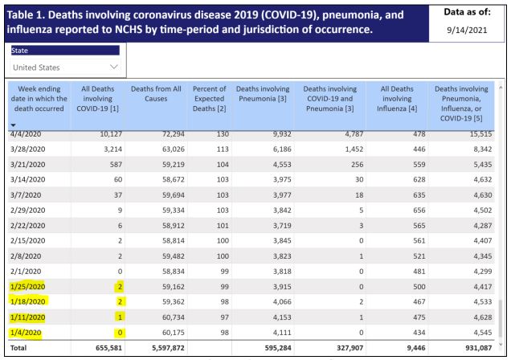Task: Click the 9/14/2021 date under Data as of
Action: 467,31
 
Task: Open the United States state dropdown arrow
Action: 114,67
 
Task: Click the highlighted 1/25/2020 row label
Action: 27,287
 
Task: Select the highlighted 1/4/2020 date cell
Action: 26,333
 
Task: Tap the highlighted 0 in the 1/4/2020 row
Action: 120,333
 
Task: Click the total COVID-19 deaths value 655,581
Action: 108,348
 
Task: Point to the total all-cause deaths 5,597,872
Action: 168,348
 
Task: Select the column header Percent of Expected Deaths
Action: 209,99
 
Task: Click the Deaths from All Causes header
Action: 156,94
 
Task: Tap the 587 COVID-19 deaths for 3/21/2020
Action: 116,165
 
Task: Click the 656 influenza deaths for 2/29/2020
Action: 419,211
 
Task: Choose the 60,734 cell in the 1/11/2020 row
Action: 174,317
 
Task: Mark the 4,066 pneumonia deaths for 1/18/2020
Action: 282,302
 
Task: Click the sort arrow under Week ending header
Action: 13,125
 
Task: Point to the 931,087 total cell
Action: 478,348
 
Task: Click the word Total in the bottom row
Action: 18,348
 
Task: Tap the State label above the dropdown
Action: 19,51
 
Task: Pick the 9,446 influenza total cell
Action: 416,348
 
